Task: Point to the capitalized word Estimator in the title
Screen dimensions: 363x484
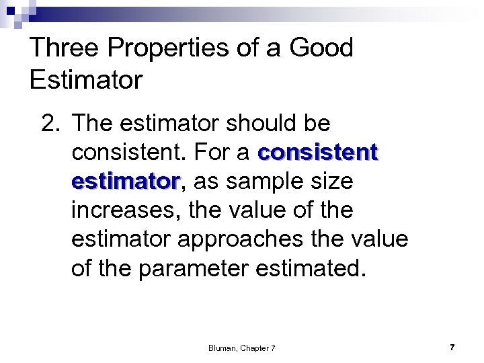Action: [86, 81]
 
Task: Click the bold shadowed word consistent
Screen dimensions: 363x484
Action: [317, 153]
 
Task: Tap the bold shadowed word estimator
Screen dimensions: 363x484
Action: [126, 182]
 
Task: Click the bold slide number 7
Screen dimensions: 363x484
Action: [452, 348]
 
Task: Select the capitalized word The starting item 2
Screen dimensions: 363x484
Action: [93, 123]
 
